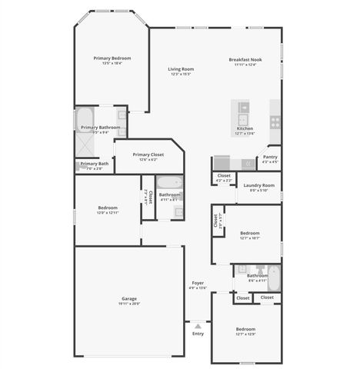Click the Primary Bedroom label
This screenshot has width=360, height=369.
coord(112,58)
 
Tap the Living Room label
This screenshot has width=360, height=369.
coord(182,69)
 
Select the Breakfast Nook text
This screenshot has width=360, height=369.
coord(245,59)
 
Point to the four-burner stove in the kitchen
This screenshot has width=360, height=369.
coord(275,122)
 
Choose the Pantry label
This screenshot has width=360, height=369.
coord(270,157)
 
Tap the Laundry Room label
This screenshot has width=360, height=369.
coord(258,185)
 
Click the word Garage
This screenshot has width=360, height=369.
coord(128,298)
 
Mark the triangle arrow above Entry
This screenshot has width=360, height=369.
coord(197,326)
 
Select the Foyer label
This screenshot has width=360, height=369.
coord(198,283)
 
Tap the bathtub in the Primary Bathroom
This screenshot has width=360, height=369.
coord(85,119)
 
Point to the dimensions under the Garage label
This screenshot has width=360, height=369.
coord(128,304)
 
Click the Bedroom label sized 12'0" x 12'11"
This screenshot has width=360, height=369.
coord(107,208)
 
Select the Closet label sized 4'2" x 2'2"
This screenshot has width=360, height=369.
coord(224,175)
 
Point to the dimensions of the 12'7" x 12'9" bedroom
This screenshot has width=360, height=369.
coord(245,334)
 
